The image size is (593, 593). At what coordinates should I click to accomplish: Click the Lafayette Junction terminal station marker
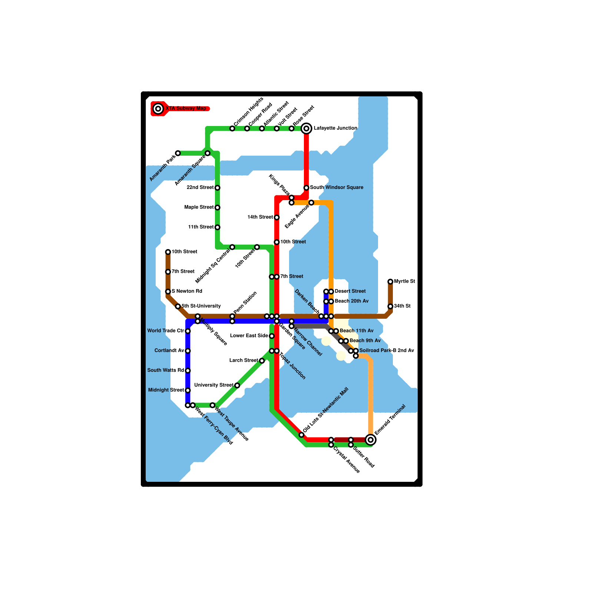(307, 129)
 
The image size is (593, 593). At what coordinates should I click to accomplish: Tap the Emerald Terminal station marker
(371, 440)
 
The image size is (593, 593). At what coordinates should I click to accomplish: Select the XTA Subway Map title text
(186, 109)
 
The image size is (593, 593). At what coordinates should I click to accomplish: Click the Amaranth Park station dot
(178, 153)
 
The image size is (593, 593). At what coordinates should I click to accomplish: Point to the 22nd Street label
(200, 188)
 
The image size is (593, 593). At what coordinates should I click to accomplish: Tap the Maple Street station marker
(218, 208)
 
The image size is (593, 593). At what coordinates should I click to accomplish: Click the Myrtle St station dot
(390, 282)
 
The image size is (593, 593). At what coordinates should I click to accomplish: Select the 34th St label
(402, 306)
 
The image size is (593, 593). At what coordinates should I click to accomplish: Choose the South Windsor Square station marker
(307, 188)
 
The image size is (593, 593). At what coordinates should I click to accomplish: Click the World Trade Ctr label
(166, 331)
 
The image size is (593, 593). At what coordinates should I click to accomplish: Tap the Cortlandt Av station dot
(188, 351)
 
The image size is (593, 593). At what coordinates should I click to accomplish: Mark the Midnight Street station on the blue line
(188, 390)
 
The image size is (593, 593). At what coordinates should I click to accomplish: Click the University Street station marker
(237, 385)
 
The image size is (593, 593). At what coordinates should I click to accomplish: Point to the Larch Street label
(244, 361)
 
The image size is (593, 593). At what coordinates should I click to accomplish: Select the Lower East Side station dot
(272, 336)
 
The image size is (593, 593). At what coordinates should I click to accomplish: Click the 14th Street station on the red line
(277, 218)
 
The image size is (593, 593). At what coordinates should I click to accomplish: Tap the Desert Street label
(350, 291)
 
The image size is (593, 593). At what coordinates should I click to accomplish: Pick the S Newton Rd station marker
(168, 292)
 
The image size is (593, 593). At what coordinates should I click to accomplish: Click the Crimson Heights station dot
(232, 129)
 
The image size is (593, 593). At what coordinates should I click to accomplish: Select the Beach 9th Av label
(365, 341)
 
